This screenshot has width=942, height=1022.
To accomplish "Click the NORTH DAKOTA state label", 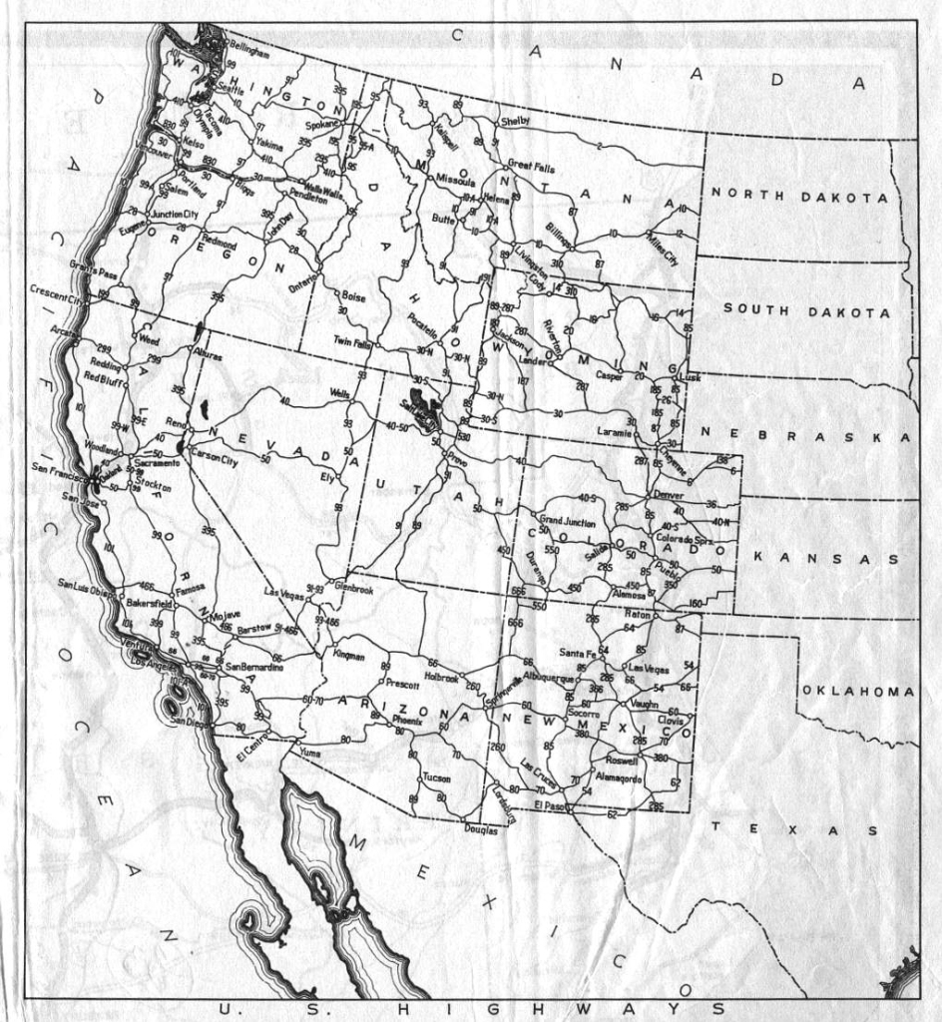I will coord(799,197).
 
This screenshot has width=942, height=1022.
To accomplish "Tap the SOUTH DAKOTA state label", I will coord(806,310).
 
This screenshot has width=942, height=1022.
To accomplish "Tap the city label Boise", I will coord(354,296).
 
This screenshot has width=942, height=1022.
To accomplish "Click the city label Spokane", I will coord(322,126).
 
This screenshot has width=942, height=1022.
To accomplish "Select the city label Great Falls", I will coord(531,168).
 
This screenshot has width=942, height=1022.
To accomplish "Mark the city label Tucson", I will coord(437,776).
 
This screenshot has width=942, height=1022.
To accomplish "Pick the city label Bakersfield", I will coord(150,604).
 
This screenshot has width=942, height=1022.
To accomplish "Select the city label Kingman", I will coord(349,656).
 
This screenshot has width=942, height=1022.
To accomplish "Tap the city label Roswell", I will coord(621,760).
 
